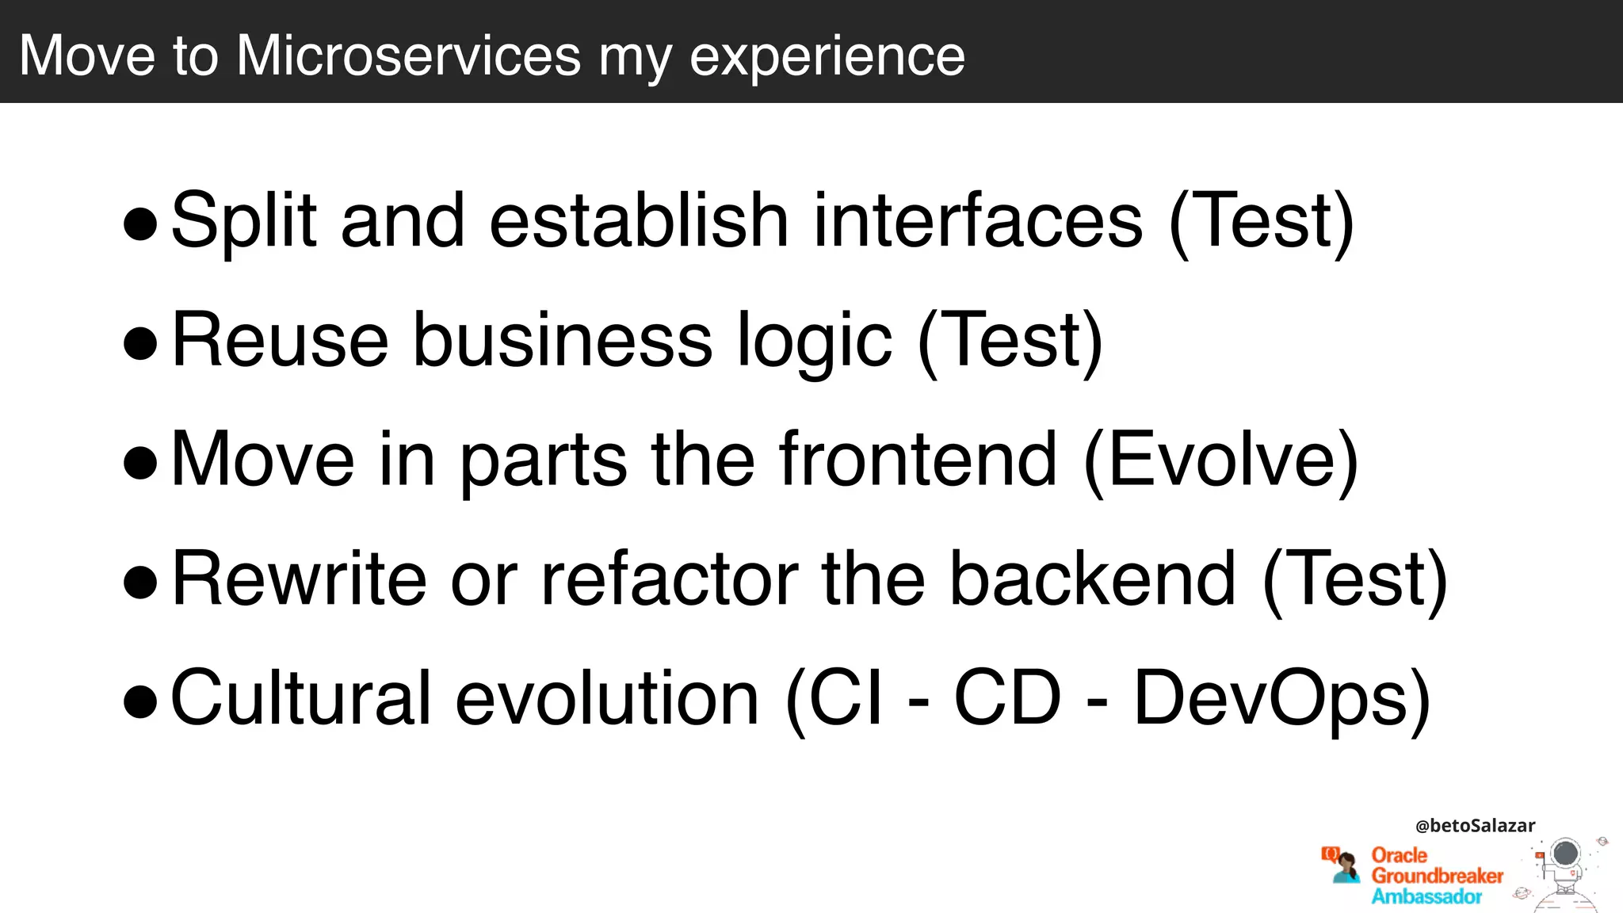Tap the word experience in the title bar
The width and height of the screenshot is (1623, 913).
pyautogui.click(x=827, y=57)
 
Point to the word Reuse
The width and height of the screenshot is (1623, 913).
pyautogui.click(x=280, y=340)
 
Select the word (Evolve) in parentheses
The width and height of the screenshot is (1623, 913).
pyautogui.click(x=1220, y=460)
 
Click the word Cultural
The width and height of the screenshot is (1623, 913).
pyautogui.click(x=301, y=698)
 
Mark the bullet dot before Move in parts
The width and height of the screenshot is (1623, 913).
pyautogui.click(x=141, y=463)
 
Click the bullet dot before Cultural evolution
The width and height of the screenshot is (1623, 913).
pyautogui.click(x=141, y=701)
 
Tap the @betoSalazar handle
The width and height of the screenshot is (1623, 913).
pyautogui.click(x=1475, y=826)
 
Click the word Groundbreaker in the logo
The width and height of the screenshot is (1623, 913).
pyautogui.click(x=1437, y=876)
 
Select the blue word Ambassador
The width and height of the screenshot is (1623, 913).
pyautogui.click(x=1426, y=896)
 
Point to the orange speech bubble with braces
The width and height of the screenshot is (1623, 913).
pyautogui.click(x=1330, y=854)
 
